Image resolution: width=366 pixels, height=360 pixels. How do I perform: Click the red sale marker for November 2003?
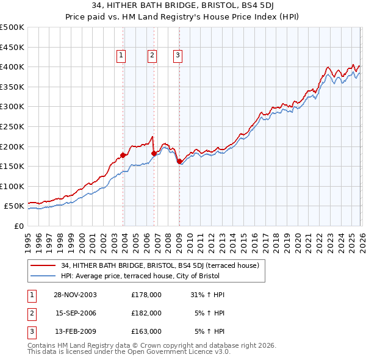[123, 155]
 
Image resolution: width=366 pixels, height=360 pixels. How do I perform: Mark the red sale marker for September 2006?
[154, 153]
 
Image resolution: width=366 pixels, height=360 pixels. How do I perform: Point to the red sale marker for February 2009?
[179, 161]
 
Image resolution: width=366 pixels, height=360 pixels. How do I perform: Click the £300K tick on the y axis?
[12, 107]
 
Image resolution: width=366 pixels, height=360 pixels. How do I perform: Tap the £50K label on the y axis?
[14, 206]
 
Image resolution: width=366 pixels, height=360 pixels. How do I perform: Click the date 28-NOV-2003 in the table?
[76, 295]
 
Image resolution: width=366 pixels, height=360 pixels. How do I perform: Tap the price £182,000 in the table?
[146, 313]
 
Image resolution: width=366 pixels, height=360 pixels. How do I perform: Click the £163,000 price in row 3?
[146, 331]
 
